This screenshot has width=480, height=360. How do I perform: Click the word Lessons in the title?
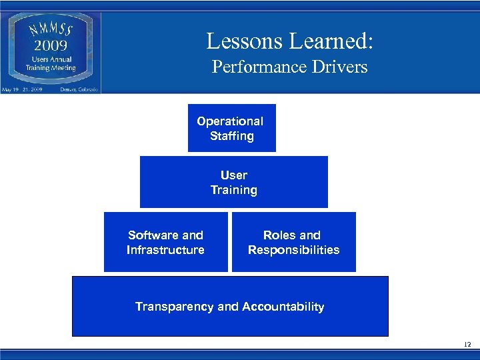(x=245, y=41)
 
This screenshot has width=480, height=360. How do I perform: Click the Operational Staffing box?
(x=231, y=128)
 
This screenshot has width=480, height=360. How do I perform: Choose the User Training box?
(x=233, y=182)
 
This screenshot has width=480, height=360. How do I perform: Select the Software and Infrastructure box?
(x=165, y=242)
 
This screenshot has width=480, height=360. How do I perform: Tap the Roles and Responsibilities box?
(x=293, y=242)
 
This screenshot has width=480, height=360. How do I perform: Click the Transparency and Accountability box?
(x=229, y=307)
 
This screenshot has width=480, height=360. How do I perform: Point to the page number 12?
(x=466, y=344)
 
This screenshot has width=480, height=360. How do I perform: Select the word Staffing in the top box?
(x=232, y=136)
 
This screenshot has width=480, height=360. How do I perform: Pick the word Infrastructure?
(x=165, y=250)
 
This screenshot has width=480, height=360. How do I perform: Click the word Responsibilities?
(x=293, y=250)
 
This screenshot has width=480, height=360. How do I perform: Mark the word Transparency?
(x=175, y=307)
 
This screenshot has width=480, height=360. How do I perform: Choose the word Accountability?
(x=283, y=307)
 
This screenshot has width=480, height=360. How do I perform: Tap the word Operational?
(x=230, y=121)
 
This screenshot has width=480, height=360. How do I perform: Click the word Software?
(x=153, y=235)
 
